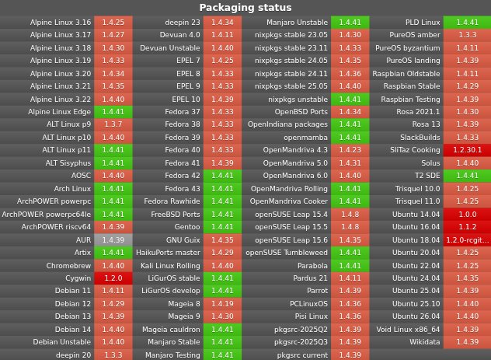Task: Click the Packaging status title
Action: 245,8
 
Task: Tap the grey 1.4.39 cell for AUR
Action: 113,239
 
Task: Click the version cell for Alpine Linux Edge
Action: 113,112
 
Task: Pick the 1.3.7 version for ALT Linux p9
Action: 113,124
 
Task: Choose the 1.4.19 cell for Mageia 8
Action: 222,303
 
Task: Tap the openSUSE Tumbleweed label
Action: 287,252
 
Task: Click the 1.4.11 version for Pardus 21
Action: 350,278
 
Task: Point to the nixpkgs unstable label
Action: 298,100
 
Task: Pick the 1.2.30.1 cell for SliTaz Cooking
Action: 467,150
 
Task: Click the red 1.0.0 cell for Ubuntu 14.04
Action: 467,214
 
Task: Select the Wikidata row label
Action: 424,341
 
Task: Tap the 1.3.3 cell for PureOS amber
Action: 467,35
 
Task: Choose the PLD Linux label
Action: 423,23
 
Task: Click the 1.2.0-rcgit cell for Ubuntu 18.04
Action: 467,239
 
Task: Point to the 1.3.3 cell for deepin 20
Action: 113,355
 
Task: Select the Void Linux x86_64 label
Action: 408,329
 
